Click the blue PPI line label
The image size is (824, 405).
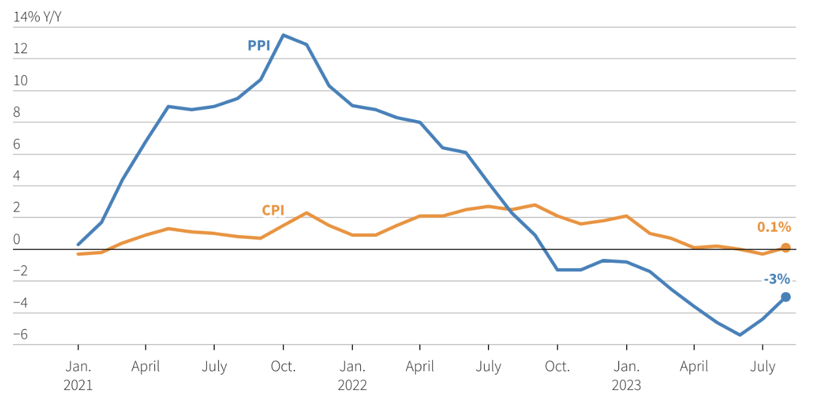(x=259, y=45)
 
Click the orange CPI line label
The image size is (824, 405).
(x=273, y=210)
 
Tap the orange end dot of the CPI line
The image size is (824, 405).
(x=785, y=247)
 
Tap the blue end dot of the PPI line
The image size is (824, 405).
(x=785, y=297)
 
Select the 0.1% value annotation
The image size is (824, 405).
(x=774, y=227)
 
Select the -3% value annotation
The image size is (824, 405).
(x=777, y=279)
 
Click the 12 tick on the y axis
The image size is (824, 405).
(x=20, y=49)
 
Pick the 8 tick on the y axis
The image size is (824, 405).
(x=17, y=112)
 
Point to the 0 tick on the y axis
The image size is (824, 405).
(x=17, y=239)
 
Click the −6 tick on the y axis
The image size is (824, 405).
(x=20, y=335)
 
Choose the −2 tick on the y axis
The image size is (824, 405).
(x=20, y=271)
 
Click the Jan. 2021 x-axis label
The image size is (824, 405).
(x=78, y=375)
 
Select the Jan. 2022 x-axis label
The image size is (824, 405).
(x=352, y=375)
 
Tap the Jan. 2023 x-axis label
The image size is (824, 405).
(x=626, y=375)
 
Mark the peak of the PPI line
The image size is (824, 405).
(x=284, y=35)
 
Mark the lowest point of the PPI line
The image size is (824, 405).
(x=740, y=335)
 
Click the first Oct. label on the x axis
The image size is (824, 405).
(x=284, y=367)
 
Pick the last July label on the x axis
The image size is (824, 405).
(x=763, y=367)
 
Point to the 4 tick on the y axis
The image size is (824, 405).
(x=17, y=176)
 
